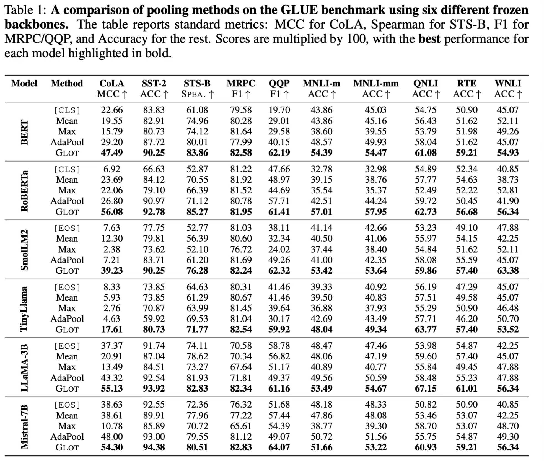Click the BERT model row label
click(x=24, y=132)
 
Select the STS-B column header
click(x=197, y=83)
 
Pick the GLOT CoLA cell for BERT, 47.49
click(x=112, y=153)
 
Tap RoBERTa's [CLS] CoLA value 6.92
click(x=112, y=169)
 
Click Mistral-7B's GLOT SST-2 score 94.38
click(x=154, y=447)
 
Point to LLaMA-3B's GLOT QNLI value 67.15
click(x=426, y=389)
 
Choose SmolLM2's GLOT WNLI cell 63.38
click(x=508, y=271)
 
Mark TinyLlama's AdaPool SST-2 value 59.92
click(x=154, y=319)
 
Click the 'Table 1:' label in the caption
click(x=26, y=10)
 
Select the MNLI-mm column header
click(x=376, y=83)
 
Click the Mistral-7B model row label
click(x=24, y=427)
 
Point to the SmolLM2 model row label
click(x=24, y=250)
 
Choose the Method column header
click(x=67, y=83)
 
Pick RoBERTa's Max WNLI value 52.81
click(x=508, y=190)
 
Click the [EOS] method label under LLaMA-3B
click(x=67, y=346)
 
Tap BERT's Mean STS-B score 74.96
click(x=197, y=121)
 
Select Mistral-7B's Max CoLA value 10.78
click(x=112, y=426)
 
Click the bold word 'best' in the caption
click(x=429, y=39)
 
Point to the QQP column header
click(x=279, y=83)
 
